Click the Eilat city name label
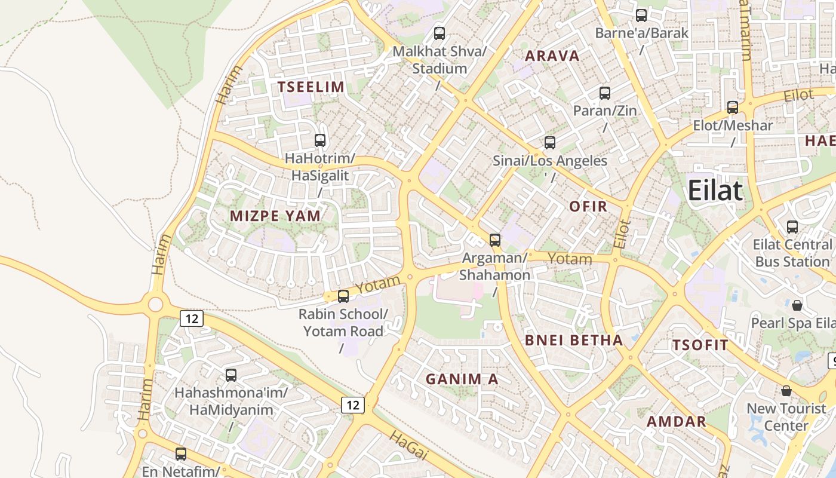tap(715, 191)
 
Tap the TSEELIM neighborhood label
tap(311, 87)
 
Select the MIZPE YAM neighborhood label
tap(275, 216)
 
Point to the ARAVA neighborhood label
tap(552, 56)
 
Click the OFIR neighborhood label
tap(588, 207)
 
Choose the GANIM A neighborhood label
tap(462, 379)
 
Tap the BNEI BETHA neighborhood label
tap(573, 341)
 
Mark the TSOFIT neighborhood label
tap(700, 345)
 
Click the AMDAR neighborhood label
tap(677, 421)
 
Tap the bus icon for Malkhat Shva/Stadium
tap(439, 33)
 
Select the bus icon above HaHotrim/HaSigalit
tap(320, 140)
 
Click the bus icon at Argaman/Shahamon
tap(495, 240)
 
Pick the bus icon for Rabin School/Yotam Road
tap(343, 296)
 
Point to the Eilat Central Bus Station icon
tap(792, 227)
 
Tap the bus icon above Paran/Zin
tap(605, 93)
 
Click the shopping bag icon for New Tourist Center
tap(786, 391)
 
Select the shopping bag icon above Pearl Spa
tap(797, 305)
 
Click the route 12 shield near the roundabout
tap(192, 318)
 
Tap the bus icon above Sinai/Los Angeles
tap(550, 143)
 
